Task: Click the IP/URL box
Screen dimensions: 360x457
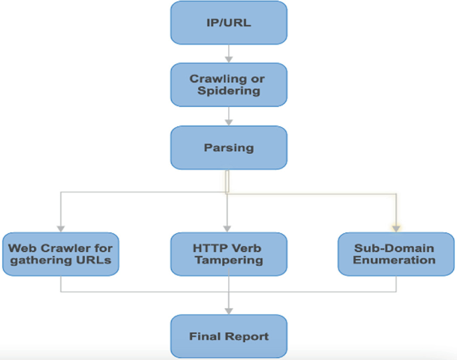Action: pyautogui.click(x=229, y=22)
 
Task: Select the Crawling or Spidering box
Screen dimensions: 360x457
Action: pyautogui.click(x=229, y=85)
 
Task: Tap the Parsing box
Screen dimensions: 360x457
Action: pyautogui.click(x=229, y=147)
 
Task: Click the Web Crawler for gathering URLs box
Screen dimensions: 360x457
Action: pyautogui.click(x=61, y=254)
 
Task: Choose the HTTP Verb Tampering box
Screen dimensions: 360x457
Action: pyautogui.click(x=229, y=254)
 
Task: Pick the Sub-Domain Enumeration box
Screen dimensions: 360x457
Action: pyautogui.click(x=396, y=254)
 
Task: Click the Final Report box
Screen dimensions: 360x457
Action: pyautogui.click(x=229, y=336)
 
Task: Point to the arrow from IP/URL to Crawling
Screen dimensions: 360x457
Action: pyautogui.click(x=229, y=53)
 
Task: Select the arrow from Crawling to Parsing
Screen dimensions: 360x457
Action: pyautogui.click(x=229, y=116)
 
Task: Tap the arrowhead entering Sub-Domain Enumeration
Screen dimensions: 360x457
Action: pyautogui.click(x=396, y=228)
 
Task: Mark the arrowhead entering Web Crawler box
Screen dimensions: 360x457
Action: pyautogui.click(x=61, y=228)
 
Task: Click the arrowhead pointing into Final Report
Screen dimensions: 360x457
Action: pyautogui.click(x=229, y=310)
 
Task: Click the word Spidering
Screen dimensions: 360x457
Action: pyautogui.click(x=229, y=91)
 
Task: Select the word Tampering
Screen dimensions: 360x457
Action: pyautogui.click(x=229, y=260)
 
